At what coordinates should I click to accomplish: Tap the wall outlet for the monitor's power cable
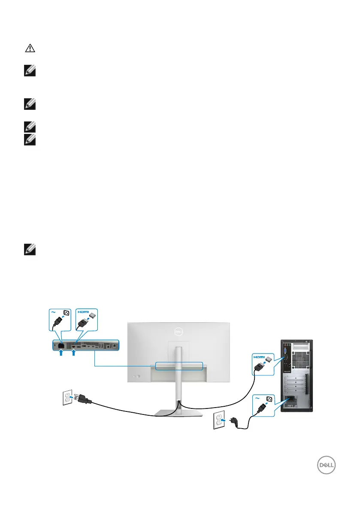tap(67, 397)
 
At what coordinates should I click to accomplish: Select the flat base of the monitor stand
tap(178, 413)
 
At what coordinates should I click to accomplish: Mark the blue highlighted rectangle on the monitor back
tap(179, 365)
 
